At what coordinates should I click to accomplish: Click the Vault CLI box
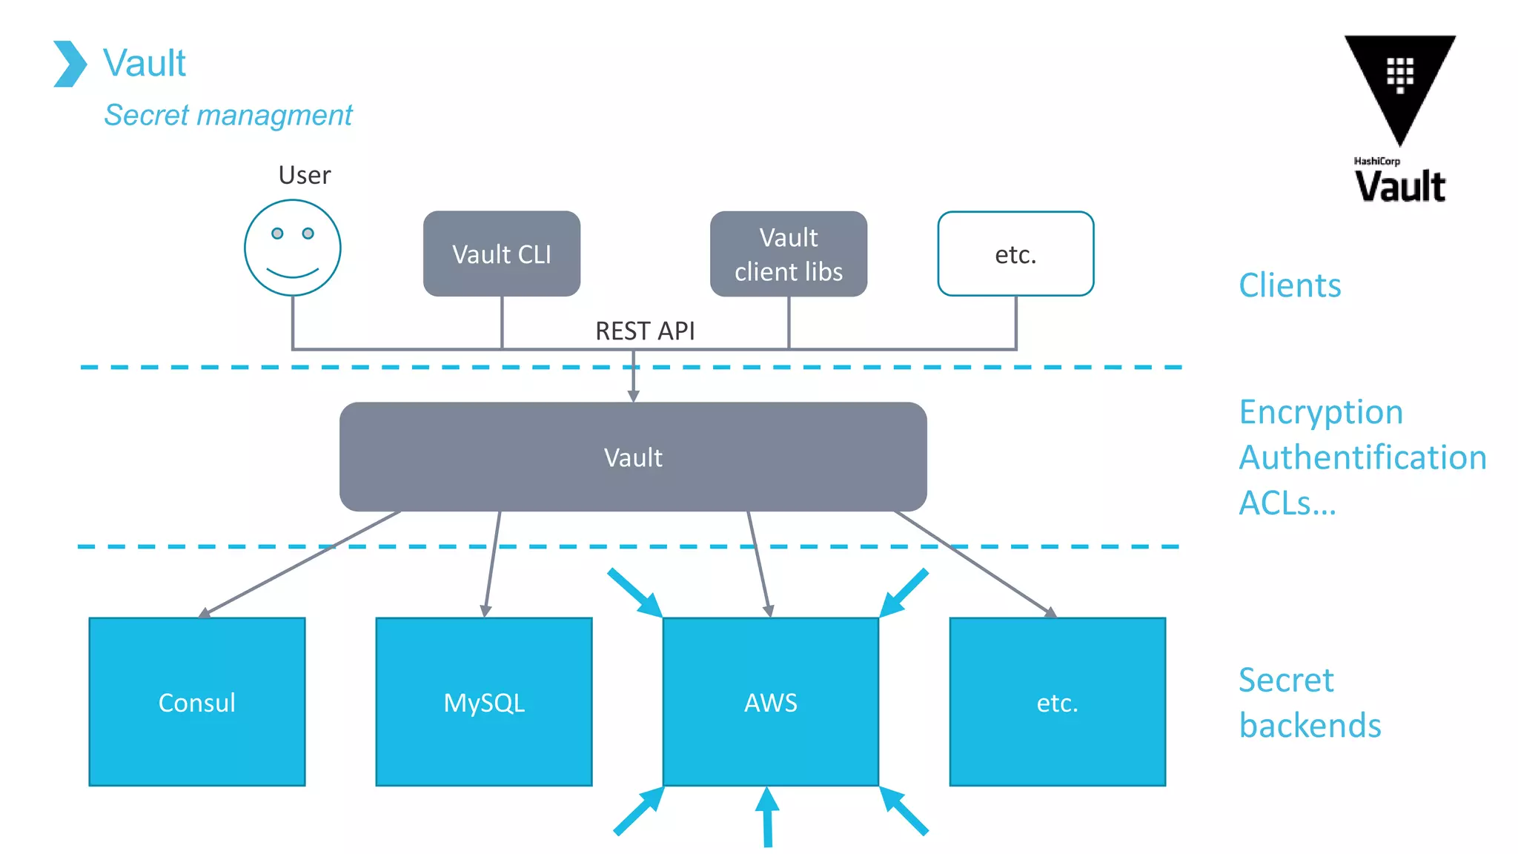click(502, 254)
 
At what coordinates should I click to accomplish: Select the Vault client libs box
click(789, 254)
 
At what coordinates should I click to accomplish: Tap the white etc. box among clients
click(1015, 254)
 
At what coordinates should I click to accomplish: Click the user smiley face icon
click(293, 248)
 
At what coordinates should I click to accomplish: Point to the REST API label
click(645, 331)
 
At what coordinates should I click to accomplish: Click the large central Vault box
click(633, 457)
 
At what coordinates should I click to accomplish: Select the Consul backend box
click(197, 701)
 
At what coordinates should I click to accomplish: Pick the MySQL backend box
click(484, 701)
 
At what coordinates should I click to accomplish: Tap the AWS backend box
click(771, 701)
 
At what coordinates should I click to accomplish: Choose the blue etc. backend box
click(1058, 701)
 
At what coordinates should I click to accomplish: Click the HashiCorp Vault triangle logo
click(1400, 82)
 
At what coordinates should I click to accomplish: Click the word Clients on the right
click(1290, 285)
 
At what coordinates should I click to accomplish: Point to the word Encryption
click(1321, 412)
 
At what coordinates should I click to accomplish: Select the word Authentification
click(1362, 457)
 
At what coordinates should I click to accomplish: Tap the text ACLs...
click(1287, 503)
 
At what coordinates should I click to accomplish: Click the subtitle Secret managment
click(228, 115)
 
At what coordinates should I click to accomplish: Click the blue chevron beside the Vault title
click(70, 64)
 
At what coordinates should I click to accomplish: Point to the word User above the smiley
click(304, 175)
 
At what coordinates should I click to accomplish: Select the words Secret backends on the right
click(1310, 702)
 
